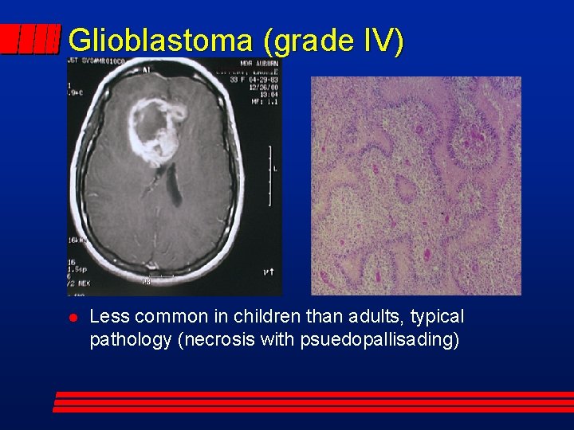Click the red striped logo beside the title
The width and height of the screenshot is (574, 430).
(x=30, y=39)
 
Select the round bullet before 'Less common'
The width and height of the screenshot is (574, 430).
(x=71, y=318)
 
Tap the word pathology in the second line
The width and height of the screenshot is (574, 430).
(x=131, y=340)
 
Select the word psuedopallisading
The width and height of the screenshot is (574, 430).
(x=379, y=340)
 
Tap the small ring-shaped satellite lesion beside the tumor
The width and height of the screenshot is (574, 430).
(x=176, y=112)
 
